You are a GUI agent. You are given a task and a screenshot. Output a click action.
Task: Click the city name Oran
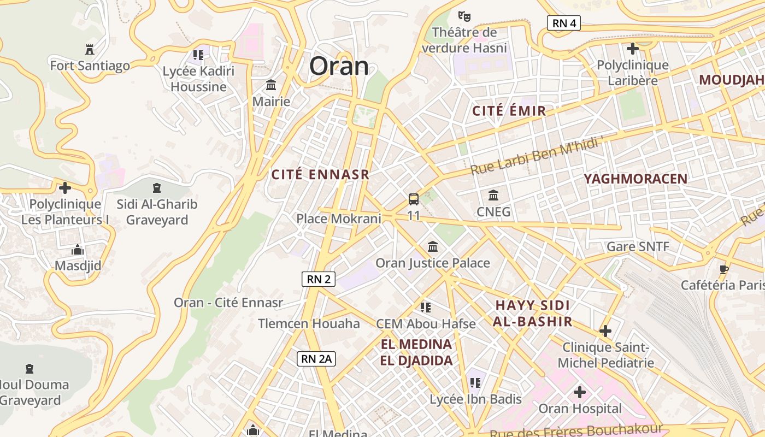(339, 66)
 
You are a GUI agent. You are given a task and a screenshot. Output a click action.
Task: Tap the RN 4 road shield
(563, 23)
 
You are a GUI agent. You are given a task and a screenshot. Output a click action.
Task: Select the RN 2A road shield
(316, 359)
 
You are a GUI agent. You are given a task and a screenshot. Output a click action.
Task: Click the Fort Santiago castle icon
(90, 49)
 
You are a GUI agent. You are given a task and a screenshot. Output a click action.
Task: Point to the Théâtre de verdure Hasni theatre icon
(464, 16)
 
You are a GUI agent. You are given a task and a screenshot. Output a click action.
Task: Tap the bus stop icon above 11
(414, 199)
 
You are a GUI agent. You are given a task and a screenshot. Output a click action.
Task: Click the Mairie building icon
(271, 85)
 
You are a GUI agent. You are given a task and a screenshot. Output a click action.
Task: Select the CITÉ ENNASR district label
(321, 175)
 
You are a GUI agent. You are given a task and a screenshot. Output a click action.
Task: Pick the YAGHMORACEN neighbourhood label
(635, 179)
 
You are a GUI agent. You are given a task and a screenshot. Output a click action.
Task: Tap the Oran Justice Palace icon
(433, 246)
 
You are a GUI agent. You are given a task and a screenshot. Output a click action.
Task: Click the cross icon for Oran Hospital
(580, 392)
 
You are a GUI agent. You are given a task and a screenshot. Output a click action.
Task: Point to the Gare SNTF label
(638, 246)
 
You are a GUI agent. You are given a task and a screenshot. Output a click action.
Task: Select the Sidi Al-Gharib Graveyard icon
(157, 188)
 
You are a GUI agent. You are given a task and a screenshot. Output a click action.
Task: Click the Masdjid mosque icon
(78, 250)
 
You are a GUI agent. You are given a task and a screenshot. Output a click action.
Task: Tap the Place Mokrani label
(338, 219)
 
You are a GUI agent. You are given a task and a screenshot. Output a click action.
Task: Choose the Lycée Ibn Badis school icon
(475, 382)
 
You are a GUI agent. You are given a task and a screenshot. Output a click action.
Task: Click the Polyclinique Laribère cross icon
(632, 49)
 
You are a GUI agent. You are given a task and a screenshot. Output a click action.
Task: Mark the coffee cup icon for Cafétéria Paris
(724, 269)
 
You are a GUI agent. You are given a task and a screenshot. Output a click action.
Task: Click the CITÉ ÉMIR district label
(509, 111)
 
